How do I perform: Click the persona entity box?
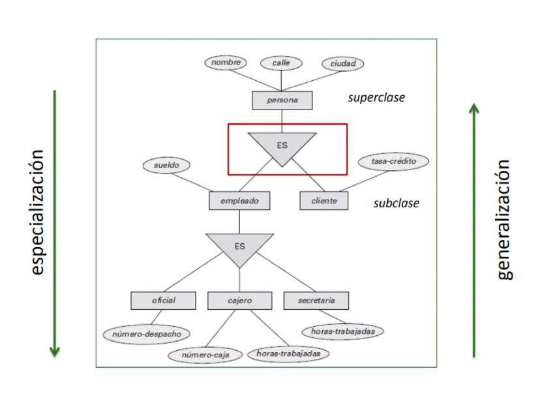pos(282,100)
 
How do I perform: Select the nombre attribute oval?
pos(226,63)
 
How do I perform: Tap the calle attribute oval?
pos(282,63)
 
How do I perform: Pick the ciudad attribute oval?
pos(342,63)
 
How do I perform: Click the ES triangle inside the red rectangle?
pos(282,145)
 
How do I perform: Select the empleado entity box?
pos(239,201)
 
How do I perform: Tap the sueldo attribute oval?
pos(166,166)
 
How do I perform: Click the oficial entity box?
pos(164,301)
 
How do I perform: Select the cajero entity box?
pos(239,301)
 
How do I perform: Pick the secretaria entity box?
pos(316,301)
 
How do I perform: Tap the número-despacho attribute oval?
pos(147,333)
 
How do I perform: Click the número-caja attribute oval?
pos(205,355)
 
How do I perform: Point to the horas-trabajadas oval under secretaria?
pos(342,331)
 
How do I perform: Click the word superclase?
pos(376,98)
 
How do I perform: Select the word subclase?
pos(396,203)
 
